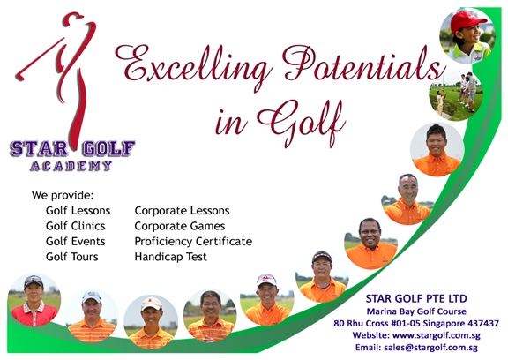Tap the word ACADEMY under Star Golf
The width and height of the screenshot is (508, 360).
pyautogui.click(x=71, y=166)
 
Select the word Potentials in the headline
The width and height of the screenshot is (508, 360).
pyautogui.click(x=363, y=64)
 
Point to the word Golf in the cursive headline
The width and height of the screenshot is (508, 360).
pyautogui.click(x=302, y=123)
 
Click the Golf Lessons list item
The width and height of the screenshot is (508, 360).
pyautogui.click(x=78, y=211)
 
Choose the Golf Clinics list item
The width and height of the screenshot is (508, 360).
pyautogui.click(x=76, y=226)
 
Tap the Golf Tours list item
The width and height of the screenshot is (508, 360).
pyautogui.click(x=72, y=257)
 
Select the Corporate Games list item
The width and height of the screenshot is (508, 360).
pyautogui.click(x=180, y=226)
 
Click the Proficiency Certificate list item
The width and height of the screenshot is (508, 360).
pyautogui.click(x=193, y=242)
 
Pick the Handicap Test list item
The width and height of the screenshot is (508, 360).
pyautogui.click(x=171, y=257)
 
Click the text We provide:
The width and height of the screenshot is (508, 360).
pyautogui.click(x=63, y=195)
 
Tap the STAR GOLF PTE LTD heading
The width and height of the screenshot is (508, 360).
pyautogui.click(x=416, y=298)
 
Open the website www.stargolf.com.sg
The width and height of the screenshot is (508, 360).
pyautogui.click(x=436, y=335)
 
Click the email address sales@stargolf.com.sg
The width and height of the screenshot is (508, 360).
pyautogui.click(x=430, y=348)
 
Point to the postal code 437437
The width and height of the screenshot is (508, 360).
pyautogui.click(x=483, y=323)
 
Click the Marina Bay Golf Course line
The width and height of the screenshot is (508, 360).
pyautogui.click(x=416, y=311)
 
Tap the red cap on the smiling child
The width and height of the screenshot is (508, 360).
pyautogui.click(x=467, y=21)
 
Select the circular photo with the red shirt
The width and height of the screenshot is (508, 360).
pyautogui.click(x=34, y=300)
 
